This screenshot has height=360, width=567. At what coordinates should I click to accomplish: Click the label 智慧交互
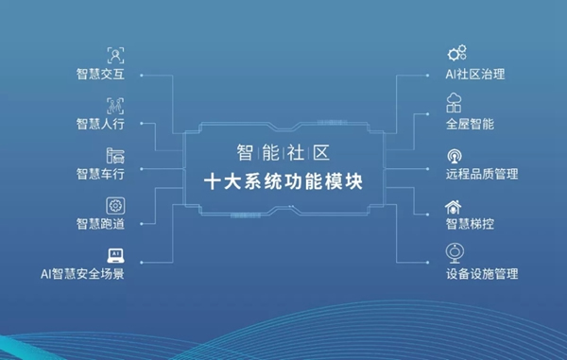click(103, 73)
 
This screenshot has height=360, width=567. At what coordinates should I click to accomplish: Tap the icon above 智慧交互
click(115, 53)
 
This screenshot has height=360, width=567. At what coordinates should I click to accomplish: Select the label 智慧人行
click(103, 123)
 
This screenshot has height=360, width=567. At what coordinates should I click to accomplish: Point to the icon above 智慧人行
click(115, 103)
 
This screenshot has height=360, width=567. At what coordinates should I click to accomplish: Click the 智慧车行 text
click(103, 174)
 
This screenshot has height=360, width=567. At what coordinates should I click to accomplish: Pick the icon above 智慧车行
click(115, 154)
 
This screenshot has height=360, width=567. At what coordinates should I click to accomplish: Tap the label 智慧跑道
click(103, 224)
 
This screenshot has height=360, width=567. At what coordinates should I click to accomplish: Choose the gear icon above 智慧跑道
click(115, 204)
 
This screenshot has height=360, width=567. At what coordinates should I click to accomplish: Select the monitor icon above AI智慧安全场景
click(115, 254)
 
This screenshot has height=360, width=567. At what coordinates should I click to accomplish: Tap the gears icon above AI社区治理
click(456, 53)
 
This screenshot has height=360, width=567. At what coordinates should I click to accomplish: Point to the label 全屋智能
click(470, 124)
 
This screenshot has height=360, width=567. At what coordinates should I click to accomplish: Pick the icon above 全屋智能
click(456, 103)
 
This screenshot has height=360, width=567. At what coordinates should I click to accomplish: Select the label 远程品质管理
click(482, 174)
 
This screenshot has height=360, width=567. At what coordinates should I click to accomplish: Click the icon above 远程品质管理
click(456, 154)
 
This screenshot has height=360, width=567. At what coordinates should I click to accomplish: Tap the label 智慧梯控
click(470, 225)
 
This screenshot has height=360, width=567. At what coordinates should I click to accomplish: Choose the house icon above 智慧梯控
click(456, 204)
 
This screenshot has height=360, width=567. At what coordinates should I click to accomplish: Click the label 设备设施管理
click(482, 275)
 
